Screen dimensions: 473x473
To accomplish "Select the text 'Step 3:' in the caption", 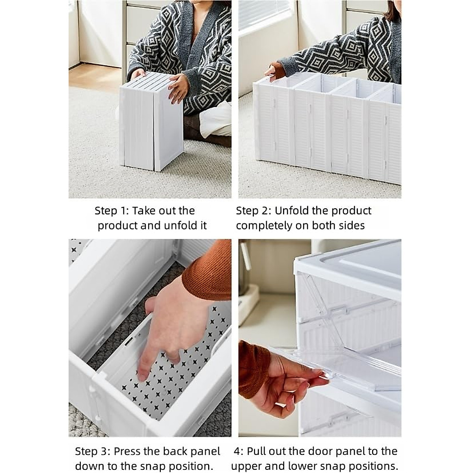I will tap(92, 451).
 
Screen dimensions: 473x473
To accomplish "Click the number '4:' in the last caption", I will tap(239, 451).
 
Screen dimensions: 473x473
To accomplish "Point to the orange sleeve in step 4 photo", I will tap(252, 369).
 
